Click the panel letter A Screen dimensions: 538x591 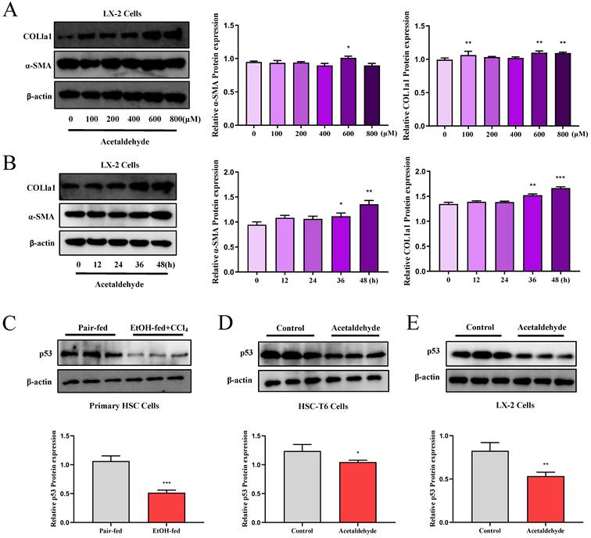11,11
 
